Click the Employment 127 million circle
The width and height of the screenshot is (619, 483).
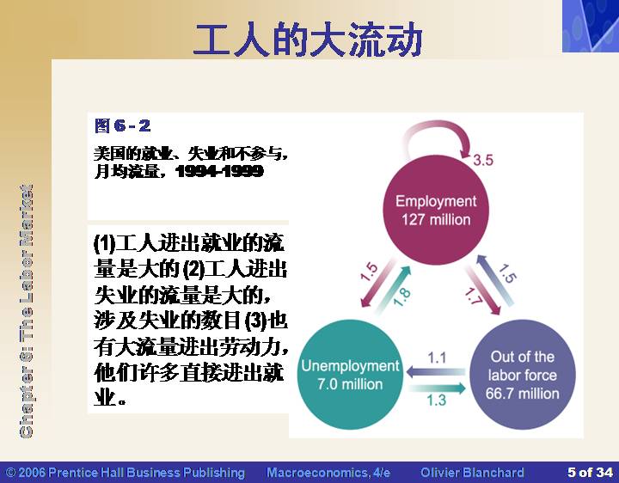click(436, 210)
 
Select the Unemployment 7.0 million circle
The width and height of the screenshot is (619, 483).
click(350, 375)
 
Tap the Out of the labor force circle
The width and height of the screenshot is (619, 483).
click(523, 375)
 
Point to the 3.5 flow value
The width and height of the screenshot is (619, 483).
click(483, 160)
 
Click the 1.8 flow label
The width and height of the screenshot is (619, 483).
click(401, 297)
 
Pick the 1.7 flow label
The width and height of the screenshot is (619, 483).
click(473, 296)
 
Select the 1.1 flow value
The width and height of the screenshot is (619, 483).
click(437, 358)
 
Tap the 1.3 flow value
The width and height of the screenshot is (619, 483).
click(437, 400)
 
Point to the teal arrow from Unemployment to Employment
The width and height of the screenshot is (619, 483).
click(393, 290)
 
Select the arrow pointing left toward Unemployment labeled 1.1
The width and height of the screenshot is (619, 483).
click(436, 372)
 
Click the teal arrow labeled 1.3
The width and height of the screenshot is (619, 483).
click(438, 388)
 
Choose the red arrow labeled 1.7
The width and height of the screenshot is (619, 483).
click(483, 290)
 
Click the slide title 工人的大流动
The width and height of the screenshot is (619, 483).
click(309, 39)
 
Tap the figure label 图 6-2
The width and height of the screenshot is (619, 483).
click(122, 125)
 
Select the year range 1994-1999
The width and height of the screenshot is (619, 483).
click(219, 171)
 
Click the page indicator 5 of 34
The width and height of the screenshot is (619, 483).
click(590, 472)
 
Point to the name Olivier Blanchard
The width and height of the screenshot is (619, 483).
click(472, 473)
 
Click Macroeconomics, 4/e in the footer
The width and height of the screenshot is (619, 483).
click(328, 473)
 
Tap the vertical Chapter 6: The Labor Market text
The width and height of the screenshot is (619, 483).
click(26, 311)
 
